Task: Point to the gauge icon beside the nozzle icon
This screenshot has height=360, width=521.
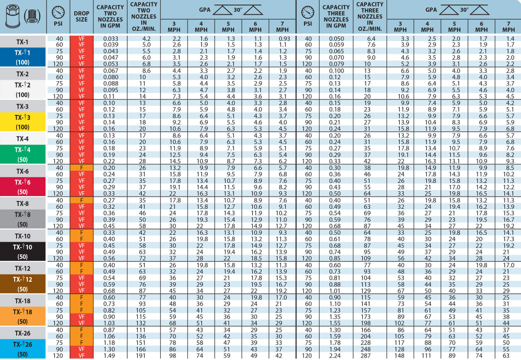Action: click(58, 11)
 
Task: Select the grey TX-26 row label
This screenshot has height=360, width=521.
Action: click(23, 333)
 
